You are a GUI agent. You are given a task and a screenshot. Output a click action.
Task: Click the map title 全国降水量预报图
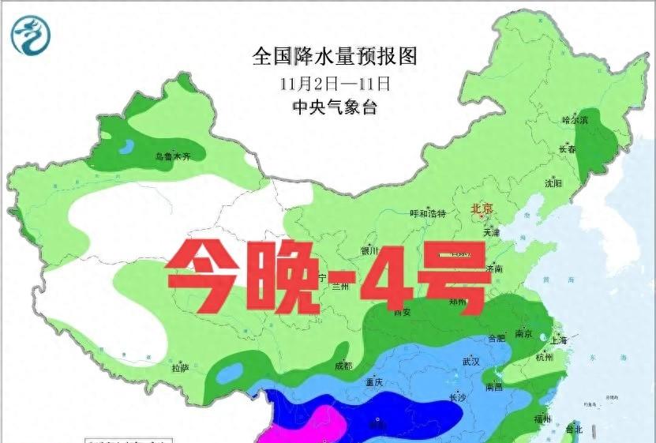(x=334, y=56)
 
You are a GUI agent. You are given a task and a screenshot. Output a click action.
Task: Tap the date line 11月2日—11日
(x=335, y=83)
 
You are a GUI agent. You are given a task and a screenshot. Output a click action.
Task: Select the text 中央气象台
(x=334, y=107)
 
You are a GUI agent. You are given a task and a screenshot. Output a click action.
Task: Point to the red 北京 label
(x=482, y=209)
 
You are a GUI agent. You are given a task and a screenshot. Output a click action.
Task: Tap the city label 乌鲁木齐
(x=173, y=157)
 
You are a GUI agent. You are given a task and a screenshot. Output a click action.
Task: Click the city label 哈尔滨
(x=575, y=120)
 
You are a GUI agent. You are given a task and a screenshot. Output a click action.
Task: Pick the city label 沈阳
(x=553, y=183)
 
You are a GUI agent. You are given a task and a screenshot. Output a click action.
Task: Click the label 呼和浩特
(x=429, y=213)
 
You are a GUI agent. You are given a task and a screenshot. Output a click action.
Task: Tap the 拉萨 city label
(x=180, y=368)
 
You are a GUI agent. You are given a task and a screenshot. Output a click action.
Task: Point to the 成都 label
(x=343, y=366)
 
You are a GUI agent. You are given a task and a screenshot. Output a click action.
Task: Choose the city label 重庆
(x=373, y=382)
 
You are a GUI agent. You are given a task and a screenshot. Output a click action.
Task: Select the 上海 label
(x=560, y=340)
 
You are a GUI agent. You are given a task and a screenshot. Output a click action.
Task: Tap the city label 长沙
(x=457, y=397)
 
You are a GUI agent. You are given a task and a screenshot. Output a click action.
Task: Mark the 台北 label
(x=573, y=430)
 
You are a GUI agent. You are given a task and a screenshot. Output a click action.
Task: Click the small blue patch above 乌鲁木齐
(x=126, y=145)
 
